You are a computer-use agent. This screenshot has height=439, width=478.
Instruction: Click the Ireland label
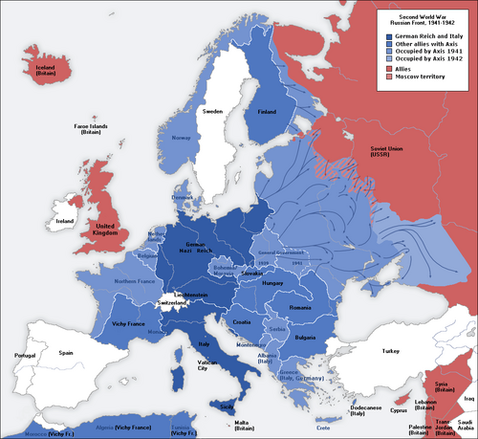[65, 221]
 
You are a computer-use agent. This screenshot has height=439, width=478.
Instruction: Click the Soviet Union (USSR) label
[387, 152]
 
